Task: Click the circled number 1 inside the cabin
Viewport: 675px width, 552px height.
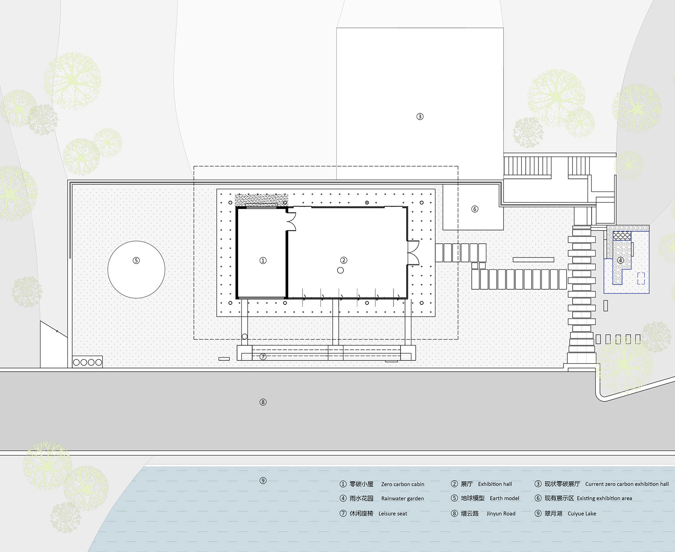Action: [263, 261]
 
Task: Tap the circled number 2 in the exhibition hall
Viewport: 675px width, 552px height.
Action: [344, 260]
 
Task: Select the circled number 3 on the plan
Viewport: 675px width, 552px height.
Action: [420, 116]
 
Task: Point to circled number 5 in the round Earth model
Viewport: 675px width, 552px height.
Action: [136, 261]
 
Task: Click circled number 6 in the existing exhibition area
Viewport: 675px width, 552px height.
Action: [474, 209]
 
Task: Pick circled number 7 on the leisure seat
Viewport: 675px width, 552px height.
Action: [263, 357]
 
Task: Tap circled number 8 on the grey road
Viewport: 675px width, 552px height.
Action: [263, 402]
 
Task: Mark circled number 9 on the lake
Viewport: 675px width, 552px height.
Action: [263, 480]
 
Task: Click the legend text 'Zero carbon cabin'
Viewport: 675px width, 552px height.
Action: [403, 484]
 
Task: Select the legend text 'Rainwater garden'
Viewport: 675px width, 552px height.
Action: [402, 499]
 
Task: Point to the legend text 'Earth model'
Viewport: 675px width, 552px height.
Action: [504, 498]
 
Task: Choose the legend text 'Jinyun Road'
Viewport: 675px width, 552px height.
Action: [501, 513]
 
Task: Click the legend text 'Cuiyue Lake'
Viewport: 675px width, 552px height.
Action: [582, 513]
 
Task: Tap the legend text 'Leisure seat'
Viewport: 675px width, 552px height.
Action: [393, 513]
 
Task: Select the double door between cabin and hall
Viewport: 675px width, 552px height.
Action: [291, 222]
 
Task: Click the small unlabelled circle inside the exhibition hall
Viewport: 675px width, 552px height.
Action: [340, 270]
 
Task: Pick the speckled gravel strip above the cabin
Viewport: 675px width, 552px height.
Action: [261, 200]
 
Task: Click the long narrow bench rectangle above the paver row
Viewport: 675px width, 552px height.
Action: [533, 260]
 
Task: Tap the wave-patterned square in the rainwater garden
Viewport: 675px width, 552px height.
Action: [622, 236]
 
